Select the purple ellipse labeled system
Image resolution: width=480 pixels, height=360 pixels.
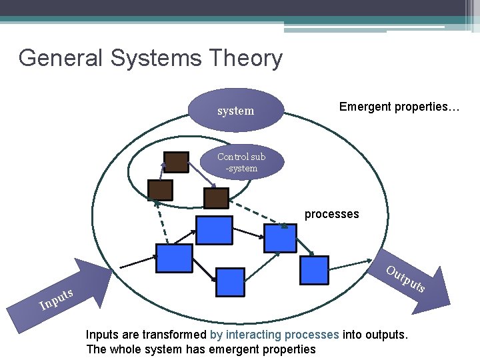pyautogui.click(x=236, y=111)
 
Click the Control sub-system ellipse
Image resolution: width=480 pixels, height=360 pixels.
pyautogui.click(x=241, y=162)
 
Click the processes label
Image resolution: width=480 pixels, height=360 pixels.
pyautogui.click(x=331, y=214)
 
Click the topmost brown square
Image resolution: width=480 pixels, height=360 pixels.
pyautogui.click(x=177, y=163)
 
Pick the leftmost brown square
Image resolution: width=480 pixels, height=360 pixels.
pyautogui.click(x=161, y=190)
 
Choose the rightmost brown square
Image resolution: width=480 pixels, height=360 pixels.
pyautogui.click(x=216, y=198)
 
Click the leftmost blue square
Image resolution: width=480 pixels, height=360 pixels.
pyautogui.click(x=174, y=258)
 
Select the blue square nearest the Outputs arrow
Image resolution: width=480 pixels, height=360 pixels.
pyautogui.click(x=314, y=270)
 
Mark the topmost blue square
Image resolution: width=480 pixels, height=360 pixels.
pyautogui.click(x=213, y=230)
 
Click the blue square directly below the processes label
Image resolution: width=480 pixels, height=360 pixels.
pyautogui.click(x=280, y=238)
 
